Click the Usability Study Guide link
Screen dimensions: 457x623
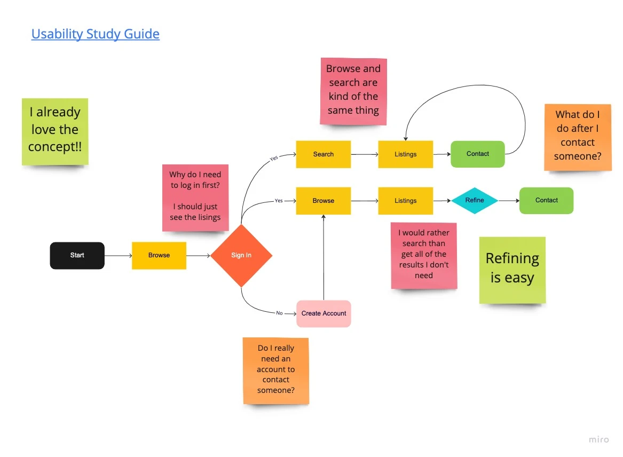click(x=95, y=34)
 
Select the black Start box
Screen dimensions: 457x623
click(x=77, y=255)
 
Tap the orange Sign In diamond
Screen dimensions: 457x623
click(x=241, y=255)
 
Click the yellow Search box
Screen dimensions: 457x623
click(x=324, y=154)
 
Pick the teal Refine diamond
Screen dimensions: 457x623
click(x=475, y=201)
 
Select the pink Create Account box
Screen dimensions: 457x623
click(x=324, y=313)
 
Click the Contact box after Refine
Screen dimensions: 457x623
click(x=546, y=201)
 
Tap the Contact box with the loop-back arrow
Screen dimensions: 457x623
click(x=478, y=154)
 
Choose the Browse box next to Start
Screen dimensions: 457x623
click(x=159, y=255)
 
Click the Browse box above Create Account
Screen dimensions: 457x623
click(x=324, y=201)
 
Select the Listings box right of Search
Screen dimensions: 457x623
click(x=406, y=154)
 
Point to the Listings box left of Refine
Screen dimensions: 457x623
click(x=406, y=201)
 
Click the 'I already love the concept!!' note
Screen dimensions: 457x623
click(x=55, y=131)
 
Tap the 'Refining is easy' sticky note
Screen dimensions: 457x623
click(x=512, y=270)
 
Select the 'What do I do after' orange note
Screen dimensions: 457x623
click(x=578, y=137)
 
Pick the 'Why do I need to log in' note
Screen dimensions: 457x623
click(x=195, y=197)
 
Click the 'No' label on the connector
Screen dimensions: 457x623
click(x=279, y=313)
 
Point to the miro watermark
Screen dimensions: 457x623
click(x=598, y=439)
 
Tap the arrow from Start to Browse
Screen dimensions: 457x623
click(x=118, y=256)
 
